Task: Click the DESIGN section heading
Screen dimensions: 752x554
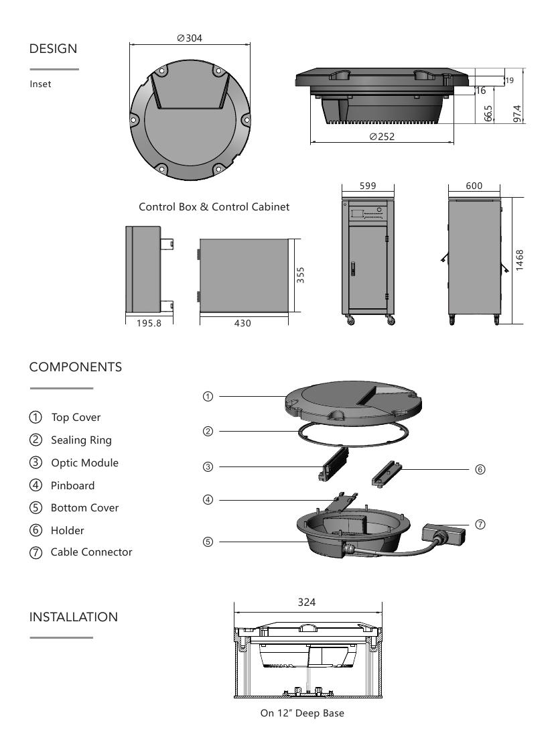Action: click(x=53, y=49)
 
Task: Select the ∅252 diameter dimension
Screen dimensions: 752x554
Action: click(x=382, y=136)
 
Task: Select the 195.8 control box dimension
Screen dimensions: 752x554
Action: click(x=143, y=323)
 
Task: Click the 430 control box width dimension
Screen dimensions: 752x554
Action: click(x=242, y=323)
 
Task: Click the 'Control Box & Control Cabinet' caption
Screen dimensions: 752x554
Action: click(x=214, y=207)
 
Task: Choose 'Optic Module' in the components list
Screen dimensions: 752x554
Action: click(x=84, y=463)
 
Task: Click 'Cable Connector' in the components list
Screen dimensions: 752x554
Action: click(x=91, y=552)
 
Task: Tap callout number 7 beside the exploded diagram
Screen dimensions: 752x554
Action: click(x=480, y=524)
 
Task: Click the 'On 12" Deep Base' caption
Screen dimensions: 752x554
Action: click(x=302, y=713)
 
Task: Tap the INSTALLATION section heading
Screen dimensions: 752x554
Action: click(x=74, y=617)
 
